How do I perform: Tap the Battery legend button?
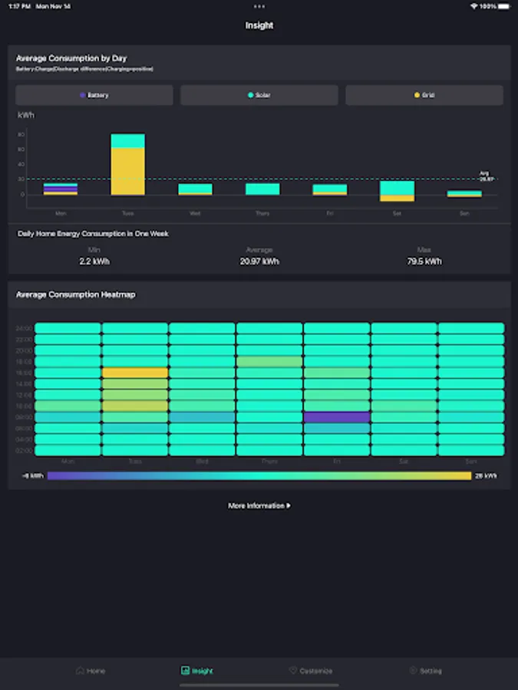click(x=94, y=95)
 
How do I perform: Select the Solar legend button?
click(x=259, y=95)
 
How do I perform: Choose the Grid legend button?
click(x=424, y=95)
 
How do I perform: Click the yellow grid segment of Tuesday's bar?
click(x=127, y=172)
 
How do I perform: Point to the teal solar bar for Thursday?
click(x=262, y=189)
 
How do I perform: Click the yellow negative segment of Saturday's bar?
click(x=397, y=198)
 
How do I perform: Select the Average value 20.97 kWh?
click(x=259, y=261)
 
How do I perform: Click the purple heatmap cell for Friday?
click(x=337, y=417)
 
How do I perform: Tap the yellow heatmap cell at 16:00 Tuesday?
click(x=135, y=373)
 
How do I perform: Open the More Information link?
click(x=259, y=506)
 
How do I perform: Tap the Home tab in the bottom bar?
click(x=91, y=671)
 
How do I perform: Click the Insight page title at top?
click(x=259, y=25)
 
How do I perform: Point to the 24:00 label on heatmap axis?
click(x=24, y=328)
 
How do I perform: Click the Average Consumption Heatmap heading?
click(x=76, y=294)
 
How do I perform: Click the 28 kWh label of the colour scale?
click(x=486, y=476)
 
